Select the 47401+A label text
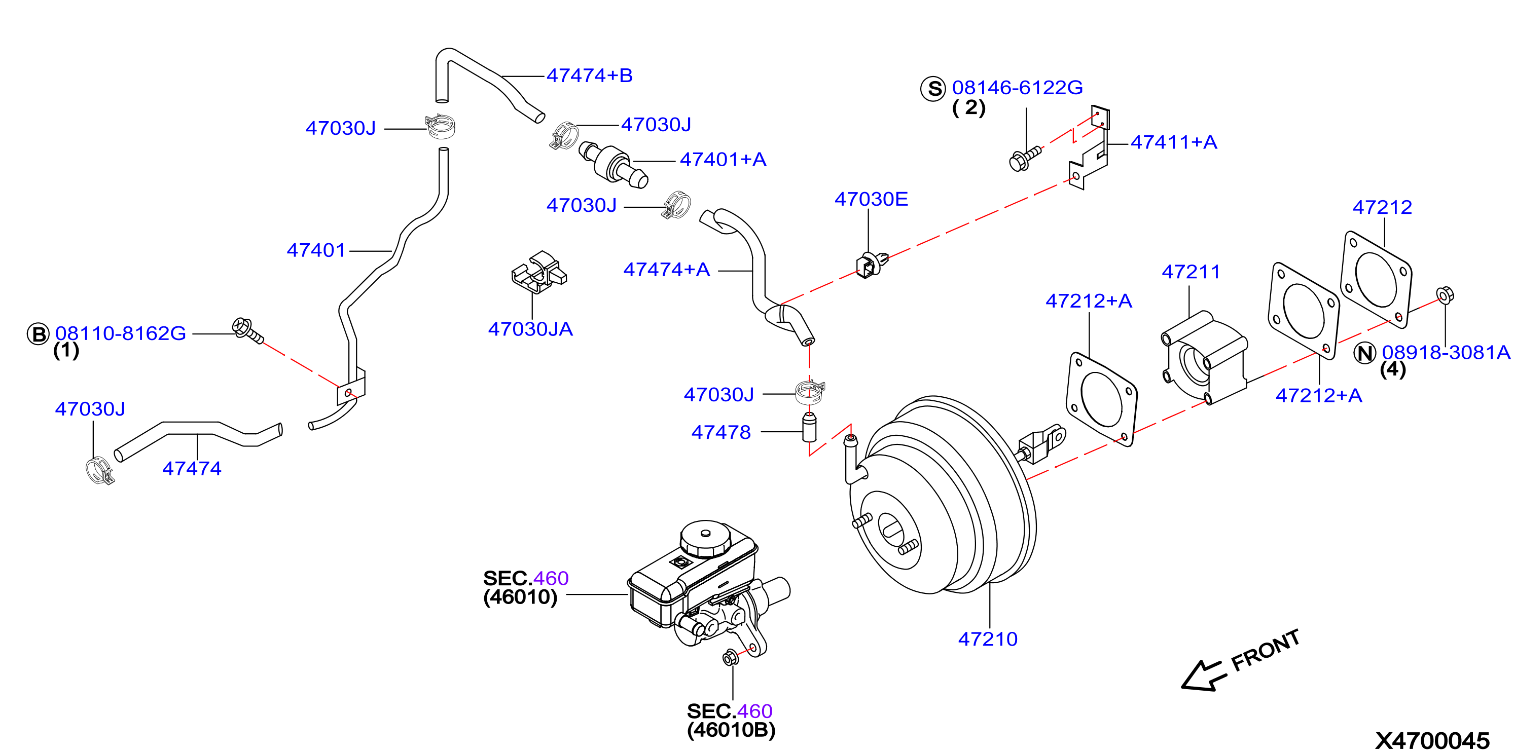723,160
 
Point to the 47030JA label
530,329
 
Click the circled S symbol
933,89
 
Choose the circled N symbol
1365,353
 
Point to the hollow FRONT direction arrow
1204,675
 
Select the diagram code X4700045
1432,740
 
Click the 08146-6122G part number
1018,88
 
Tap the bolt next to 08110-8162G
247,331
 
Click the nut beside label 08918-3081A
1445,294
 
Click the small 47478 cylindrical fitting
809,427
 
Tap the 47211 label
1191,272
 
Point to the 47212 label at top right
1382,207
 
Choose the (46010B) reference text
731,730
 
